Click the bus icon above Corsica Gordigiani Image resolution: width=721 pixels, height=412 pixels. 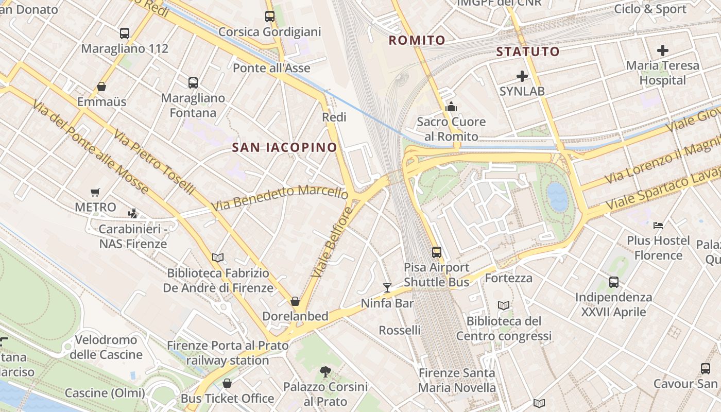click(x=270, y=16)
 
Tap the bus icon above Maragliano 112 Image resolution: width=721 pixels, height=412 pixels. click(x=125, y=33)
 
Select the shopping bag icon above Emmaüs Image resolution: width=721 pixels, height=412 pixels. click(x=101, y=87)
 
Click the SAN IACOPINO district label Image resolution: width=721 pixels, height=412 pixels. click(x=284, y=147)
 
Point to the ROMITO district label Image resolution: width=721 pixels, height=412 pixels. click(x=417, y=40)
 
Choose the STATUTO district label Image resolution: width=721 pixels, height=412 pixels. click(x=528, y=51)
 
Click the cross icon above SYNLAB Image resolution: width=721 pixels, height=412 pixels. click(x=522, y=76)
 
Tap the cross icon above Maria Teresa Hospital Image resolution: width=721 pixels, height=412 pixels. click(x=663, y=50)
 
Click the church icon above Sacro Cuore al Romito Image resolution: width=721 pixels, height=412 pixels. click(x=451, y=107)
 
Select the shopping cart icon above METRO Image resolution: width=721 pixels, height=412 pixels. click(x=95, y=192)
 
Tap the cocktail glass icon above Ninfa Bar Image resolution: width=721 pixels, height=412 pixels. click(x=387, y=287)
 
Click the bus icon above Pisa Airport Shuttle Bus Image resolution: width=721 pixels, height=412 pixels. click(x=437, y=252)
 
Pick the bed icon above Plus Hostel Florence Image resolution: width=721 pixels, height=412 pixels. click(x=658, y=225)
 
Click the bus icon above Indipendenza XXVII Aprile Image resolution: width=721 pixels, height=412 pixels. click(x=613, y=282)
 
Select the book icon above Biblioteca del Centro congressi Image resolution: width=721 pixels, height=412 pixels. click(x=504, y=305)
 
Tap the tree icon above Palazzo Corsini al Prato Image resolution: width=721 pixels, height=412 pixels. click(x=325, y=371)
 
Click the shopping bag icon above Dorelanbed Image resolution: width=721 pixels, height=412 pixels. click(x=295, y=301)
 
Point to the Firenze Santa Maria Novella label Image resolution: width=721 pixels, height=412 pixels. click(x=457, y=380)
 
